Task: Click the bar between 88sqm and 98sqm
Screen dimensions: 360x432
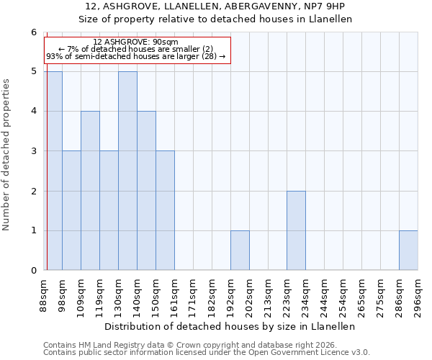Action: pyautogui.click(x=53, y=171)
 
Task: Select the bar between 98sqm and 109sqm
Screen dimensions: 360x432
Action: pyautogui.click(x=71, y=210)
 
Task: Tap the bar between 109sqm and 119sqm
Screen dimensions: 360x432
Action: pyautogui.click(x=90, y=191)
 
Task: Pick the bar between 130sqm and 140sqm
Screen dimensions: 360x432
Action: pyautogui.click(x=127, y=171)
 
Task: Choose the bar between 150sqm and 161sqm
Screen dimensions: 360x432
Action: pyautogui.click(x=165, y=210)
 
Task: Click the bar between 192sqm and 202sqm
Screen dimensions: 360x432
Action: pyautogui.click(x=240, y=251)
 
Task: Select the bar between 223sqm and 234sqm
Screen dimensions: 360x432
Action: pyautogui.click(x=296, y=230)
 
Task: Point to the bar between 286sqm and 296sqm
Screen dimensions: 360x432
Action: pyautogui.click(x=408, y=251)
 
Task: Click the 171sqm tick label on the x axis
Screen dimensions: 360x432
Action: pyautogui.click(x=193, y=295)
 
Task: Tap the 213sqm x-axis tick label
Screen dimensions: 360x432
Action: pyautogui.click(x=268, y=295)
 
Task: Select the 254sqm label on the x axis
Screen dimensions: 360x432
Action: pyautogui.click(x=343, y=295)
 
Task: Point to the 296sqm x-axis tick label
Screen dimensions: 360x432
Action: pyautogui.click(x=418, y=295)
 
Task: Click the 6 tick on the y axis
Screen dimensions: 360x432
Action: pyautogui.click(x=33, y=32)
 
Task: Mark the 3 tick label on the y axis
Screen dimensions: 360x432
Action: pyautogui.click(x=33, y=151)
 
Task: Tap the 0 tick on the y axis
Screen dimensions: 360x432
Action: pyautogui.click(x=33, y=271)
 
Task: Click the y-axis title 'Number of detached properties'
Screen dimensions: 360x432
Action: pyautogui.click(x=7, y=155)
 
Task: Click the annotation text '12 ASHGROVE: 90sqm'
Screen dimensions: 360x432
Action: pyautogui.click(x=136, y=42)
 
